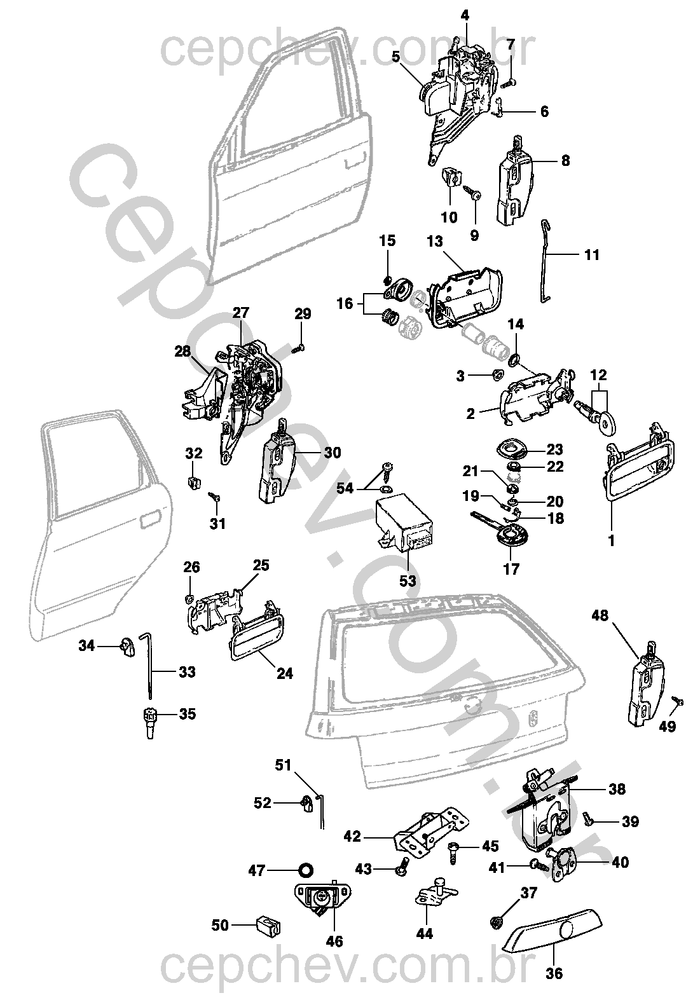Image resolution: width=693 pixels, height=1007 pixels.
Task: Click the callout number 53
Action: (x=408, y=580)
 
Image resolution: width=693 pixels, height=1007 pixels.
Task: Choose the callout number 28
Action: (x=183, y=351)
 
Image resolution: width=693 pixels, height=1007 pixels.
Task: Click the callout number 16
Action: (x=345, y=304)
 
